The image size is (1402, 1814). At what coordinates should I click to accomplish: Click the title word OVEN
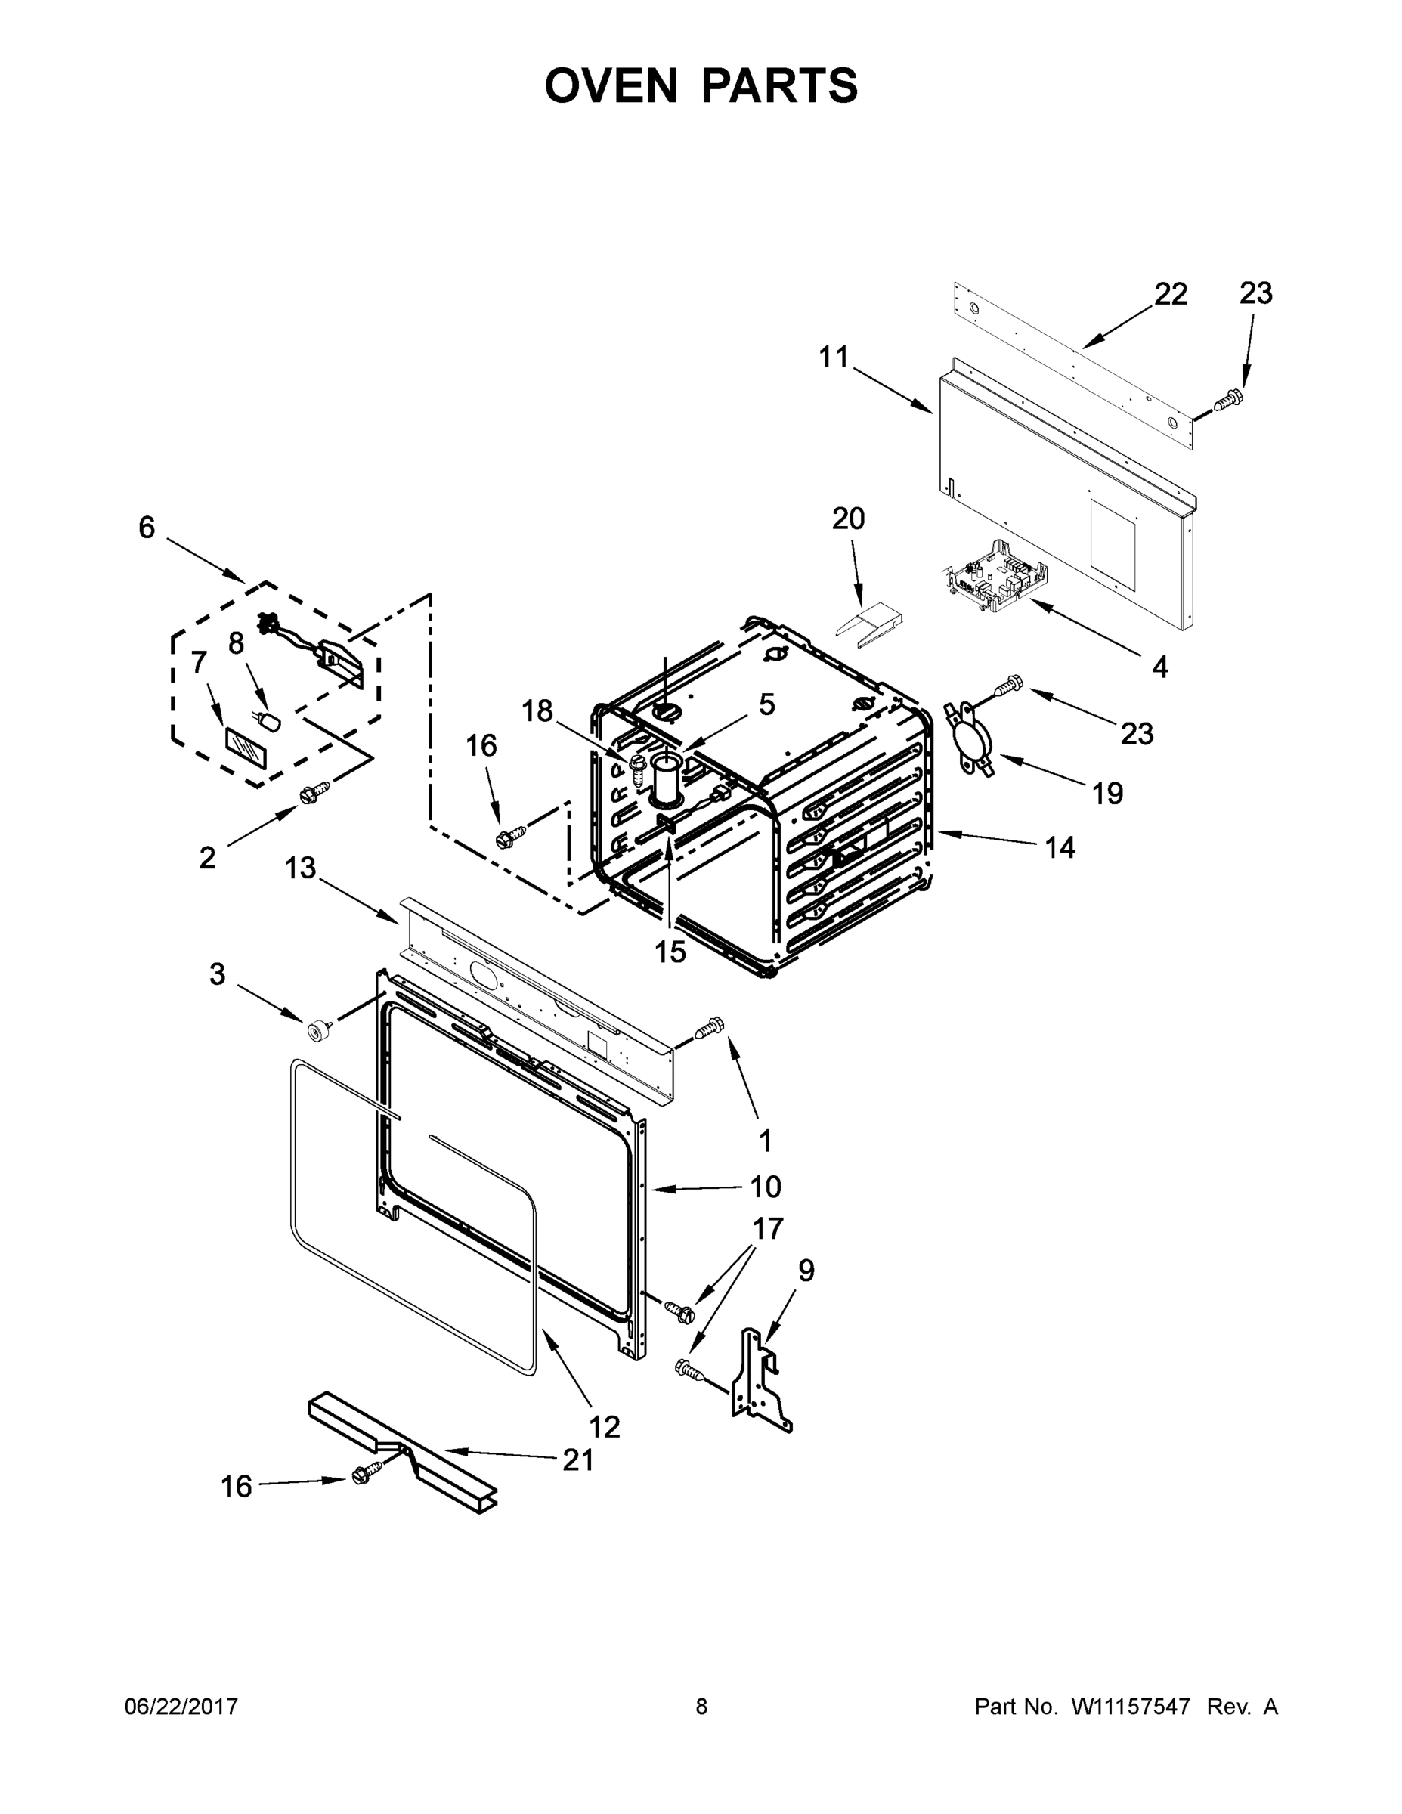pos(611,85)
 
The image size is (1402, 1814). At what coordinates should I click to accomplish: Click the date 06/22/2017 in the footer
pos(181,1706)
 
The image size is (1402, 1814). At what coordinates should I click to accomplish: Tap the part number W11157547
pos(1131,1706)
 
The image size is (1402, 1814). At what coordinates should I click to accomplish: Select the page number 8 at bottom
pos(701,1706)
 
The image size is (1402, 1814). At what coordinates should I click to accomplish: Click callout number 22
pos(1170,294)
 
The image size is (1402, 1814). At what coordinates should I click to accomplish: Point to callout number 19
pos(1107,793)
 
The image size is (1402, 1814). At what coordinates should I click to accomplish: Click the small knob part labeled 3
pos(317,1032)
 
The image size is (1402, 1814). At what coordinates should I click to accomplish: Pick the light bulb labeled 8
pos(270,721)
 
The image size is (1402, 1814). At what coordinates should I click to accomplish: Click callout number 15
pos(670,952)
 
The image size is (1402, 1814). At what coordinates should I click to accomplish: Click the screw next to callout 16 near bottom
pos(364,1475)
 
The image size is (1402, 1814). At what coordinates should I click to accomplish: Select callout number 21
pos(578,1460)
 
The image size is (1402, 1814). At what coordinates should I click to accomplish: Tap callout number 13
pos(300,868)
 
